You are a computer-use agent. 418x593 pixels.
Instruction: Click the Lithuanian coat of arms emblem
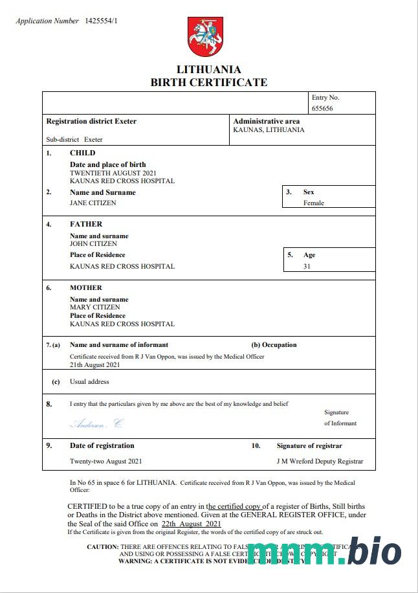pos(206,37)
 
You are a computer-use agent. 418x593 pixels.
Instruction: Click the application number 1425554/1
pos(102,21)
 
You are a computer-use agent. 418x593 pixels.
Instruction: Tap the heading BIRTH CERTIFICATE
pos(208,82)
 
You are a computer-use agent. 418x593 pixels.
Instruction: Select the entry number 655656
pos(322,109)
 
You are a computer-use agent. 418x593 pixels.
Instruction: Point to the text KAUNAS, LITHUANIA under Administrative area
pos(269,129)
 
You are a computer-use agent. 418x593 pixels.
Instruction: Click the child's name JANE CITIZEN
pos(93,203)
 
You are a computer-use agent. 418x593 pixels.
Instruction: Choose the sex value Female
pos(314,203)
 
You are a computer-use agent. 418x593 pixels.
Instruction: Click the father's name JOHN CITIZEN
pos(93,244)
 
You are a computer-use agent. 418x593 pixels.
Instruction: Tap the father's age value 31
pos(307,266)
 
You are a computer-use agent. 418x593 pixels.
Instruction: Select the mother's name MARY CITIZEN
pos(94,308)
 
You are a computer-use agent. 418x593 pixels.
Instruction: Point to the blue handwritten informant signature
pos(96,424)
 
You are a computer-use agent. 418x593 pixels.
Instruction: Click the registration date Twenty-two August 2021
pos(105,462)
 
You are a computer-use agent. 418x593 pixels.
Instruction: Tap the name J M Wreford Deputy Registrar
pos(320,462)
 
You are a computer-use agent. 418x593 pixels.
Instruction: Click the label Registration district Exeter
pos(91,121)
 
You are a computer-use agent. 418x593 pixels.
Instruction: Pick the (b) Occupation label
pos(274,345)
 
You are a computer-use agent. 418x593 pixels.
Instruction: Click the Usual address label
pos(89,382)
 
